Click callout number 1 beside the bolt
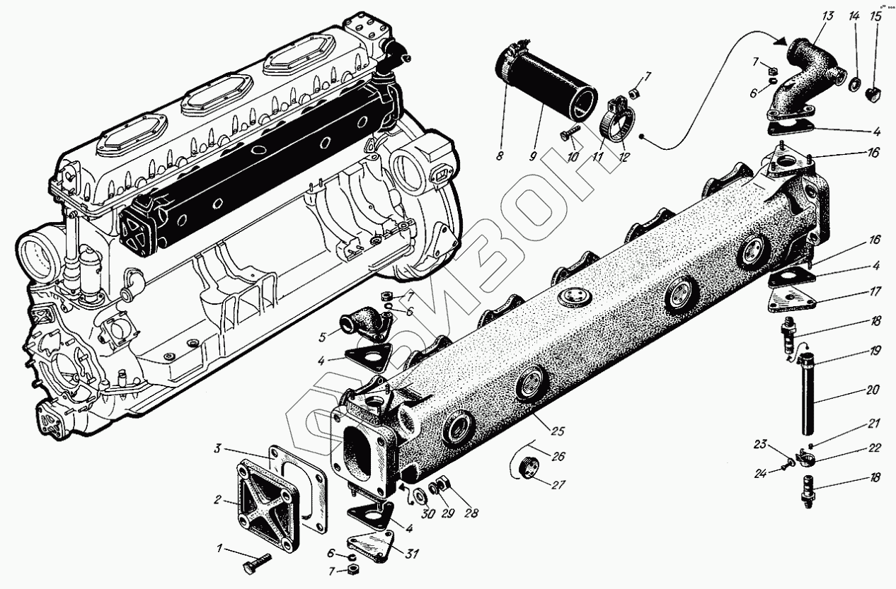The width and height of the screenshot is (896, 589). tap(219, 548)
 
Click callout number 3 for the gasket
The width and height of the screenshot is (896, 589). tap(219, 449)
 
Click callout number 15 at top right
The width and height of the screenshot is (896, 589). tap(875, 15)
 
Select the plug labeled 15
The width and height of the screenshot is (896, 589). tap(874, 93)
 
